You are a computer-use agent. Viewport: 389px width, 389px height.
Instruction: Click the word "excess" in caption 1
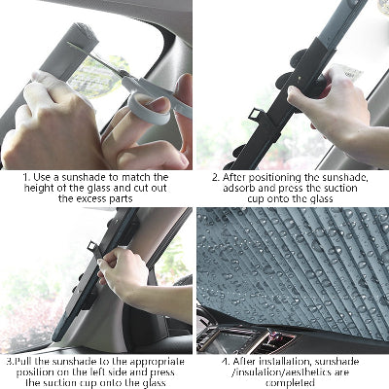pos(92,198)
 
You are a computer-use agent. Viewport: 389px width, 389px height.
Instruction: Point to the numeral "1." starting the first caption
pos(26,177)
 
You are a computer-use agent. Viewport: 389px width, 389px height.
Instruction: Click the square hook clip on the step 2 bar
pos(256,114)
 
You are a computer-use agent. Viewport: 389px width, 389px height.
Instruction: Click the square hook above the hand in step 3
pos(93,248)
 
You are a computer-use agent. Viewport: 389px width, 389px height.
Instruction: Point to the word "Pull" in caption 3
pos(23,362)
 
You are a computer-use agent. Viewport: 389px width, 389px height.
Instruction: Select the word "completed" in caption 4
pos(290,382)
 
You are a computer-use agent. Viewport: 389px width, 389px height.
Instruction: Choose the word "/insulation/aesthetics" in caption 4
pos(281,372)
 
